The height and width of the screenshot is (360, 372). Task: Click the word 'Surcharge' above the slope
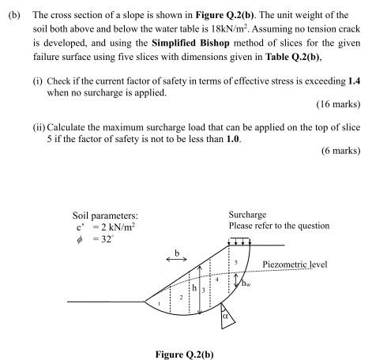point(246,214)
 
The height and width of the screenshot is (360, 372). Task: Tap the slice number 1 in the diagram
point(159,303)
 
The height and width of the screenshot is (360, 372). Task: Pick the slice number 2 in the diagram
point(182,297)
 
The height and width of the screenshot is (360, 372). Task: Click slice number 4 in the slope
point(217,279)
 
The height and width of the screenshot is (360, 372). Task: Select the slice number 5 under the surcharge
point(235,261)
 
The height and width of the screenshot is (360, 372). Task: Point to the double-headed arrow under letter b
point(176,258)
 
